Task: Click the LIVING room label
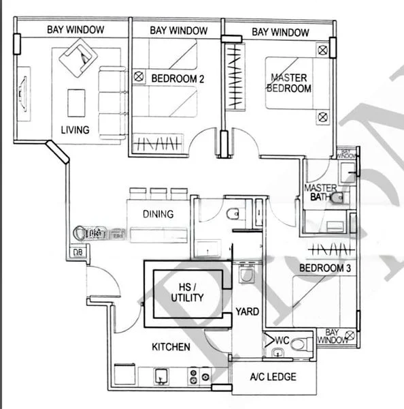tap(75, 130)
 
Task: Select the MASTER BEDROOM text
tap(290, 82)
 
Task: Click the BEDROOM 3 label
tap(325, 268)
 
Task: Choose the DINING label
tap(158, 214)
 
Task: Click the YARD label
tap(247, 312)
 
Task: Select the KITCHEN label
tap(171, 347)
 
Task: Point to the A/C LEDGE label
tap(273, 377)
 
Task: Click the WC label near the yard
tap(282, 339)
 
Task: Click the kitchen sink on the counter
tap(161, 376)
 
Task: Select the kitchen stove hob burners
tap(198, 376)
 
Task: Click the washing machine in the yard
tap(246, 276)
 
